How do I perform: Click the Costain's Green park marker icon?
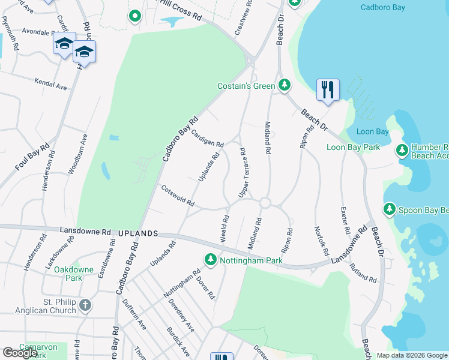(x=285, y=86)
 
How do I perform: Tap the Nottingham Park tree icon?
(x=210, y=260)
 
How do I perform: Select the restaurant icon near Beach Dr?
(x=328, y=90)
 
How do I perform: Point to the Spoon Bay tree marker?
(x=390, y=209)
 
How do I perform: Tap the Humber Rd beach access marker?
(x=403, y=151)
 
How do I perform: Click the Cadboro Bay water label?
(x=383, y=7)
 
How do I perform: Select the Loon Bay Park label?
(x=353, y=147)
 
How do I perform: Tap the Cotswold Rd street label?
(x=178, y=196)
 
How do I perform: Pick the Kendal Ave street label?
(x=50, y=83)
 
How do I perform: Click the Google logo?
(x=20, y=353)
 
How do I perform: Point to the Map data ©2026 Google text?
(x=412, y=355)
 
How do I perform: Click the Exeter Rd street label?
(x=345, y=220)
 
